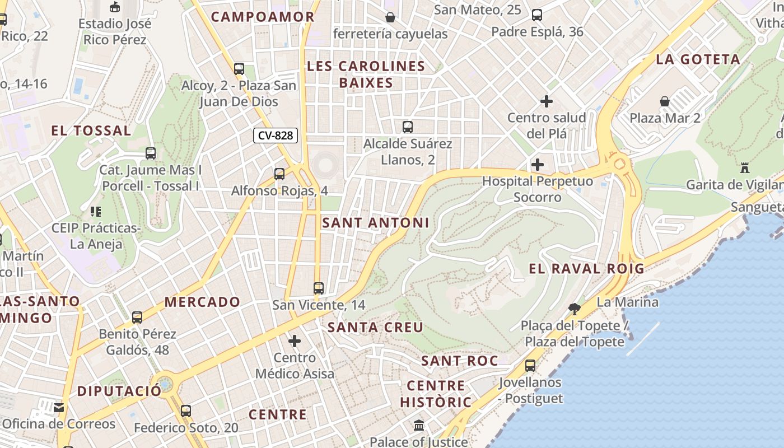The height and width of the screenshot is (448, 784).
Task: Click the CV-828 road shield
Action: (276, 135)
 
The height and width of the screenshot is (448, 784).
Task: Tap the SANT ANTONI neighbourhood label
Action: (375, 223)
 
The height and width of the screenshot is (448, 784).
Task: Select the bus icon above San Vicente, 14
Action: (319, 288)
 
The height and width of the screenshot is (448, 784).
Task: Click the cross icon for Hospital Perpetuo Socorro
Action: (538, 165)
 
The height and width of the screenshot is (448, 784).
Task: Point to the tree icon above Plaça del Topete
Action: (574, 308)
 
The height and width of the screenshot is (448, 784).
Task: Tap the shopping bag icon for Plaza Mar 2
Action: (665, 101)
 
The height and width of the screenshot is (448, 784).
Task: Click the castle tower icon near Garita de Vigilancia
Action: (745, 167)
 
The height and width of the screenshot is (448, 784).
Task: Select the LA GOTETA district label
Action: (698, 59)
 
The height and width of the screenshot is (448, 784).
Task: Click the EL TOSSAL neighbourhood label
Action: (91, 131)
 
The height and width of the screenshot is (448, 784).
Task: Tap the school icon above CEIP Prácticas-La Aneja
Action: (95, 212)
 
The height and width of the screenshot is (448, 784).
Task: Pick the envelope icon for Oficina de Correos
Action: (59, 407)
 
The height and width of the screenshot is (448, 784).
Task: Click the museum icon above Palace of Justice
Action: (419, 426)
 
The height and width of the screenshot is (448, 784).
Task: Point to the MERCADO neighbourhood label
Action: (202, 302)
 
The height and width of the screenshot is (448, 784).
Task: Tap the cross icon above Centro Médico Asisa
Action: (295, 340)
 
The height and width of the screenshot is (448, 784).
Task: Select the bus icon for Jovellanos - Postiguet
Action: (530, 366)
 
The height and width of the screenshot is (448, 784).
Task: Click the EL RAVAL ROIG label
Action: (587, 269)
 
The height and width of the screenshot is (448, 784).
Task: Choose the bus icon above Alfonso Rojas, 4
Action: (279, 174)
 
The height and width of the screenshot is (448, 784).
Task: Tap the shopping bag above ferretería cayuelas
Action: (390, 17)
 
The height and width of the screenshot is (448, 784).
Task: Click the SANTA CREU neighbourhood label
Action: (375, 327)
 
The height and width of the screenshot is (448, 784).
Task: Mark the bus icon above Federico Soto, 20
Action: (186, 411)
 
